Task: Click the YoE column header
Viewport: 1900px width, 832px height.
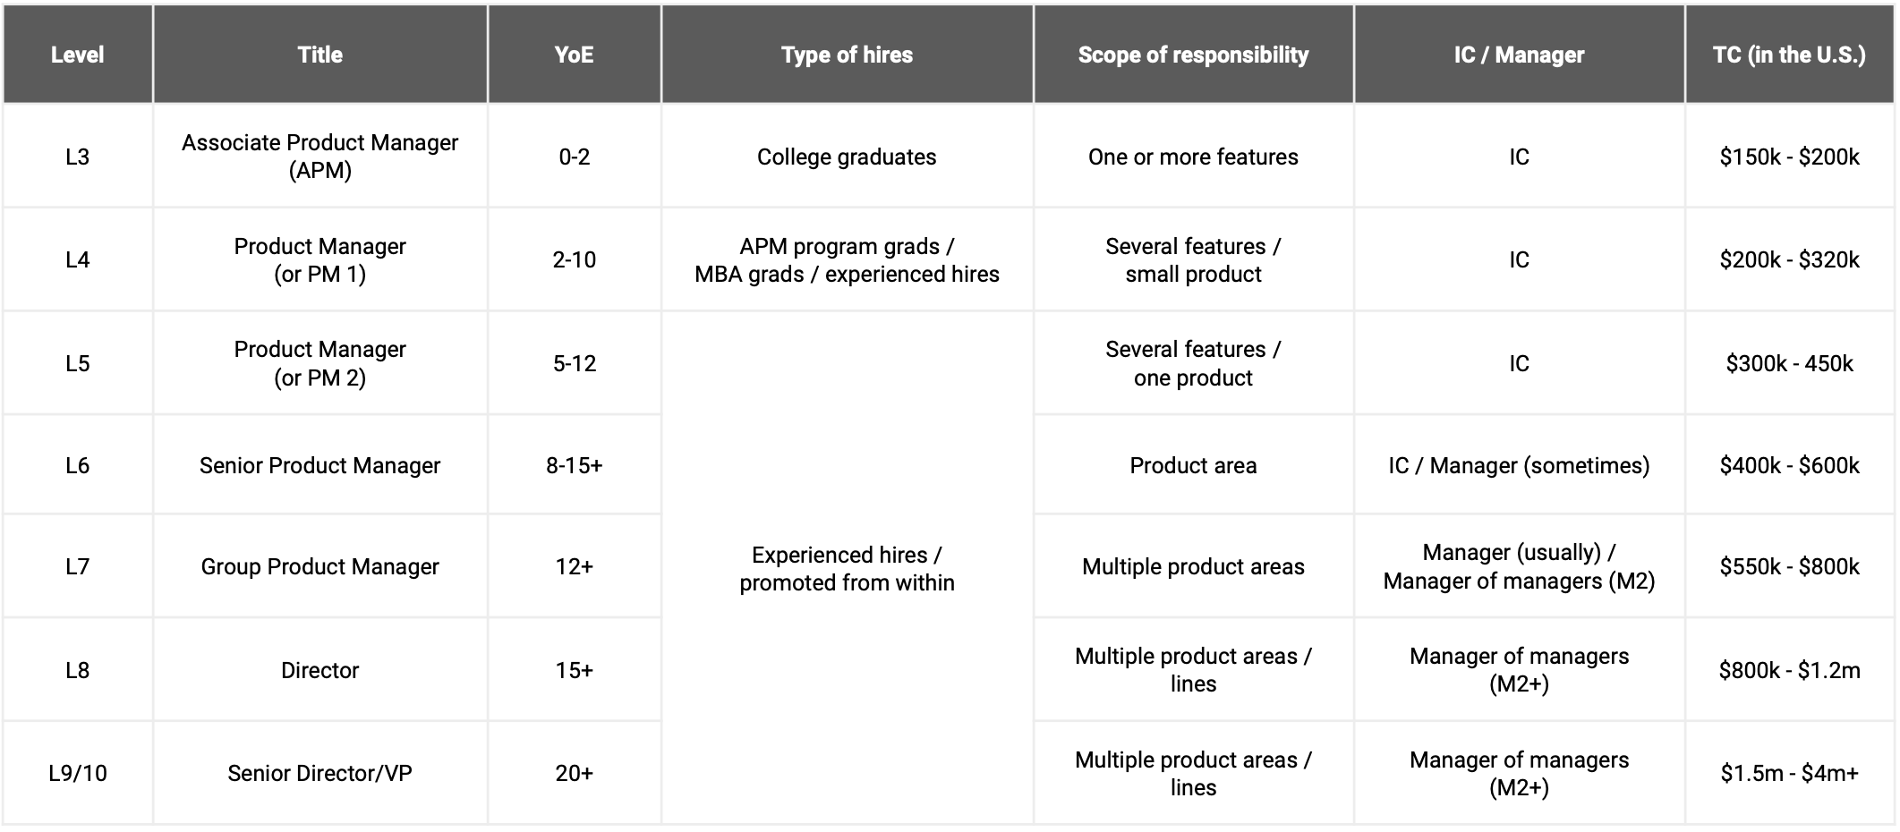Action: [x=574, y=55]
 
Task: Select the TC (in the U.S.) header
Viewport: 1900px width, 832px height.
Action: [x=1788, y=55]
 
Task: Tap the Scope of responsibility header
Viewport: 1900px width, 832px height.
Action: [x=1192, y=55]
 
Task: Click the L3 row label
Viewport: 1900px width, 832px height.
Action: [x=78, y=157]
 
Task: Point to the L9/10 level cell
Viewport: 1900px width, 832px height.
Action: [x=78, y=773]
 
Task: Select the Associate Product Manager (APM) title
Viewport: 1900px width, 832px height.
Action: [x=320, y=157]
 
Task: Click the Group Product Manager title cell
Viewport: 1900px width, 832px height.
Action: [x=320, y=566]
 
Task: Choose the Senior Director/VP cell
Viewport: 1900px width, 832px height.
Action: [x=320, y=773]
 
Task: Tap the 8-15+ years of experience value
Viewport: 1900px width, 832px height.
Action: [x=574, y=465]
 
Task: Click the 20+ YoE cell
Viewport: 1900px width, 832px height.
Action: [x=574, y=773]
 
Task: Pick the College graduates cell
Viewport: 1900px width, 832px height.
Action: [x=846, y=157]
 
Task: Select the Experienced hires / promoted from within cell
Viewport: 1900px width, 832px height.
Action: [x=846, y=568]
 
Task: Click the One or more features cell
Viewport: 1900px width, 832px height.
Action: [x=1192, y=157]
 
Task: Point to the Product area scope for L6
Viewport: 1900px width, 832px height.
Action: [x=1192, y=465]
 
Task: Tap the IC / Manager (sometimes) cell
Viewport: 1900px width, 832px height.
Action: [x=1518, y=465]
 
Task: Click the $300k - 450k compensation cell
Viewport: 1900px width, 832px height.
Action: [x=1788, y=363]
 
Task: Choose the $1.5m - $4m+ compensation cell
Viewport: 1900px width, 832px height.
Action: [x=1788, y=773]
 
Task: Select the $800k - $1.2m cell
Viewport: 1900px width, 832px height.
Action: [x=1788, y=670]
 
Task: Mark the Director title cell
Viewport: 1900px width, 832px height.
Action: [x=320, y=670]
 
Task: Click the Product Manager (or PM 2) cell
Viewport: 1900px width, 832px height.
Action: [x=320, y=363]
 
